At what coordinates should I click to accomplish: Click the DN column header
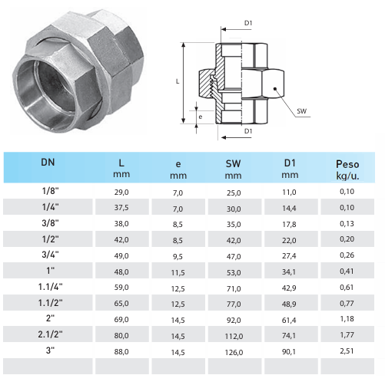coord(48,163)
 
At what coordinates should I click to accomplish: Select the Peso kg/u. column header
coord(347,169)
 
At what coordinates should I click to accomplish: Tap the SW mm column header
coord(233,169)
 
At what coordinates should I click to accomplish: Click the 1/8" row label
coord(50,191)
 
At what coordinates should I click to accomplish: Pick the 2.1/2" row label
coord(50,334)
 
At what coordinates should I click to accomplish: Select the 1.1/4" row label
coord(50,287)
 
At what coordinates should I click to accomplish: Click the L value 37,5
coord(121,208)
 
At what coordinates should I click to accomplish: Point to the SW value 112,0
coord(234,336)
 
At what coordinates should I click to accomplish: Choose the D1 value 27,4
coord(289,256)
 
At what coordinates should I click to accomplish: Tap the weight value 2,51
coord(347,351)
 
